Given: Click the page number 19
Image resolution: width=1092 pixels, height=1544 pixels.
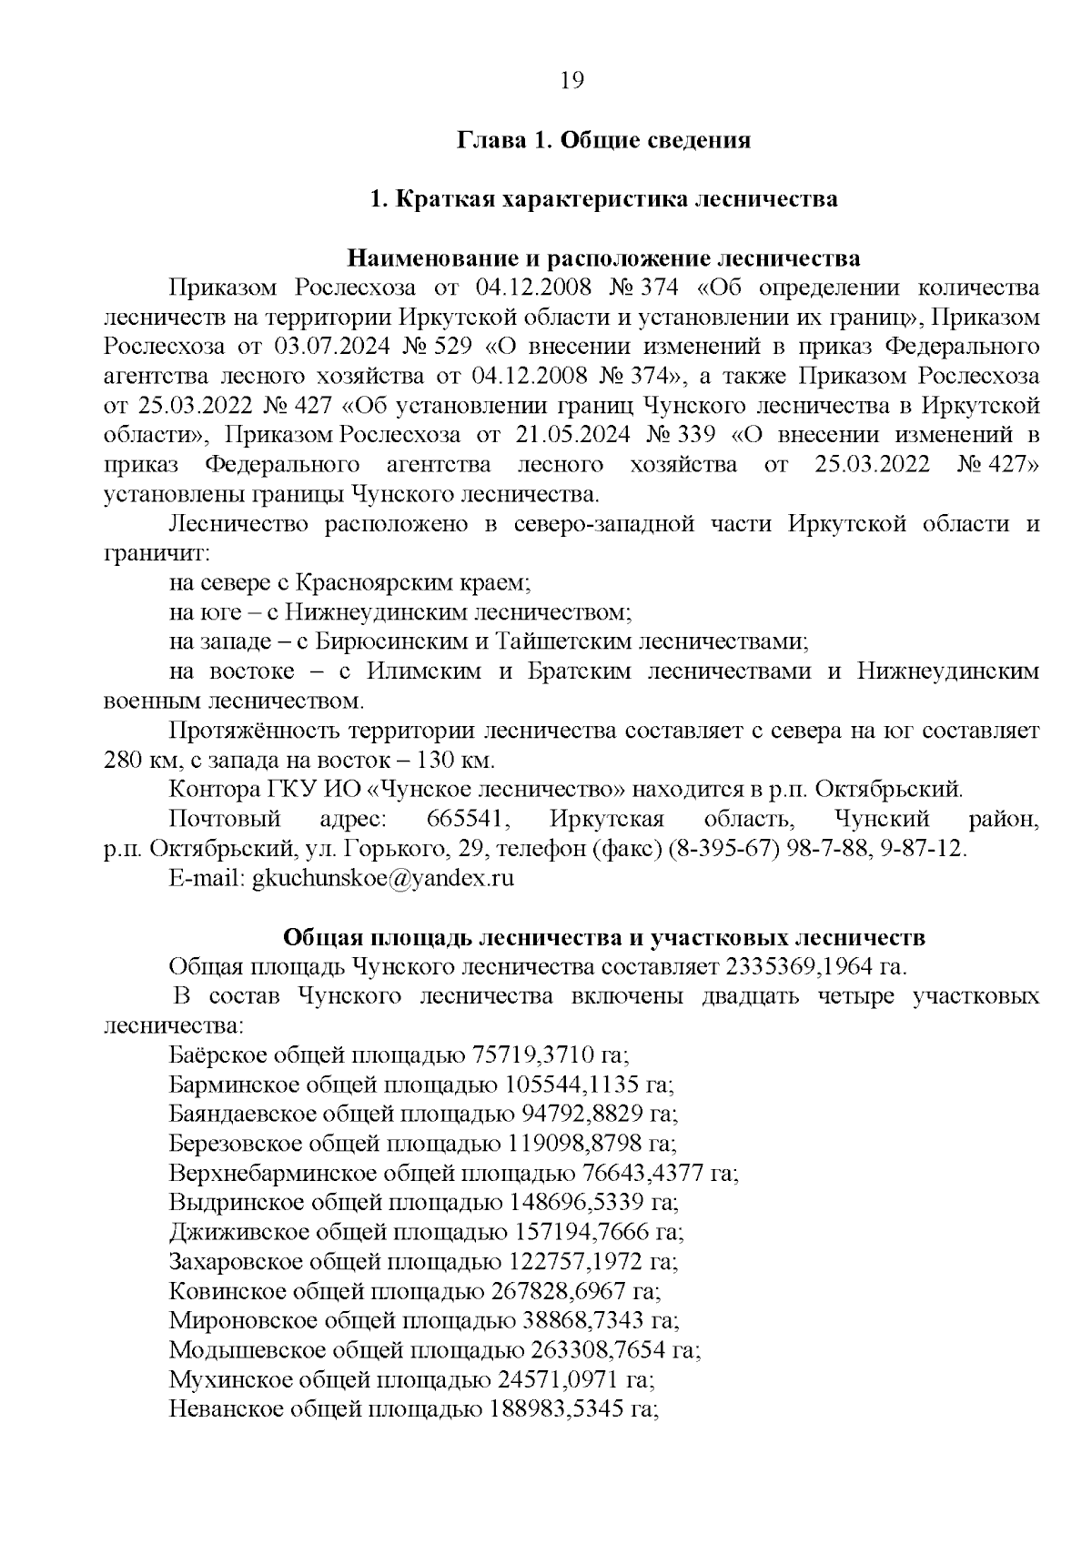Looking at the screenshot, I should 571,80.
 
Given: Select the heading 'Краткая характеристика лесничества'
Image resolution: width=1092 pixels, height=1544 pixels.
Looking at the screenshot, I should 616,199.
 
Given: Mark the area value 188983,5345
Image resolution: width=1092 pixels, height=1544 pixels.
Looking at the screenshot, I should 557,1409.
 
